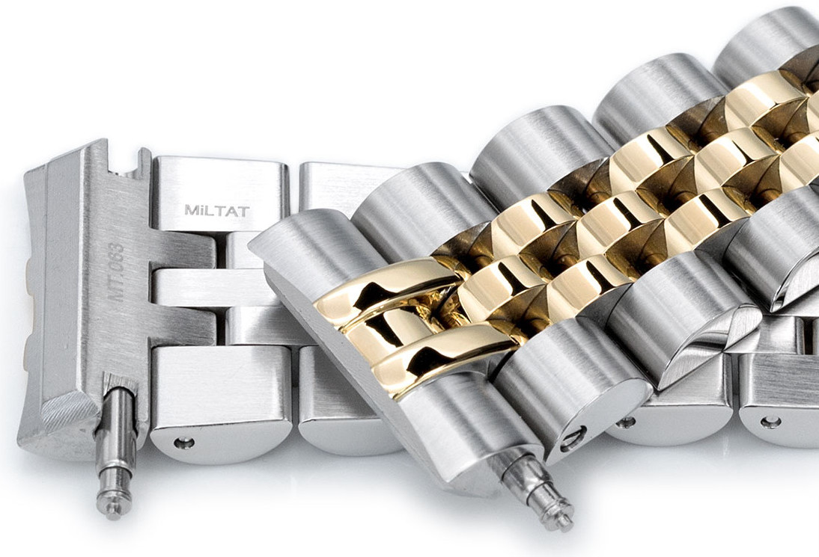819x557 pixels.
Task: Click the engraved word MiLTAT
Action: point(216,211)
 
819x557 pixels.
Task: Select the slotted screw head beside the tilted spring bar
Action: point(574,437)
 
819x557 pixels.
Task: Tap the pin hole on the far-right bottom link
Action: point(770,422)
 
